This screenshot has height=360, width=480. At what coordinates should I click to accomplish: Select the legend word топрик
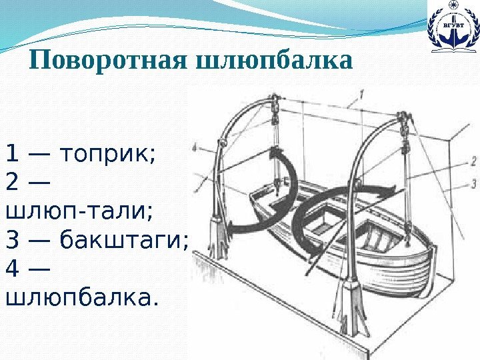(107, 155)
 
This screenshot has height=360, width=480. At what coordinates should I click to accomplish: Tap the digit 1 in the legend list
(11, 155)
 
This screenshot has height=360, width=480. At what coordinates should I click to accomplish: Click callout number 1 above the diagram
(361, 95)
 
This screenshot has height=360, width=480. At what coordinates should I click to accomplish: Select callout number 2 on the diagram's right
(472, 161)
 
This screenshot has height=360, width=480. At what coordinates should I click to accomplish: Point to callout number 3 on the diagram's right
(472, 183)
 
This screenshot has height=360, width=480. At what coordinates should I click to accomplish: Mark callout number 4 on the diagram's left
(193, 148)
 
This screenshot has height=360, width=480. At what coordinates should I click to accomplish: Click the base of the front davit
(349, 307)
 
